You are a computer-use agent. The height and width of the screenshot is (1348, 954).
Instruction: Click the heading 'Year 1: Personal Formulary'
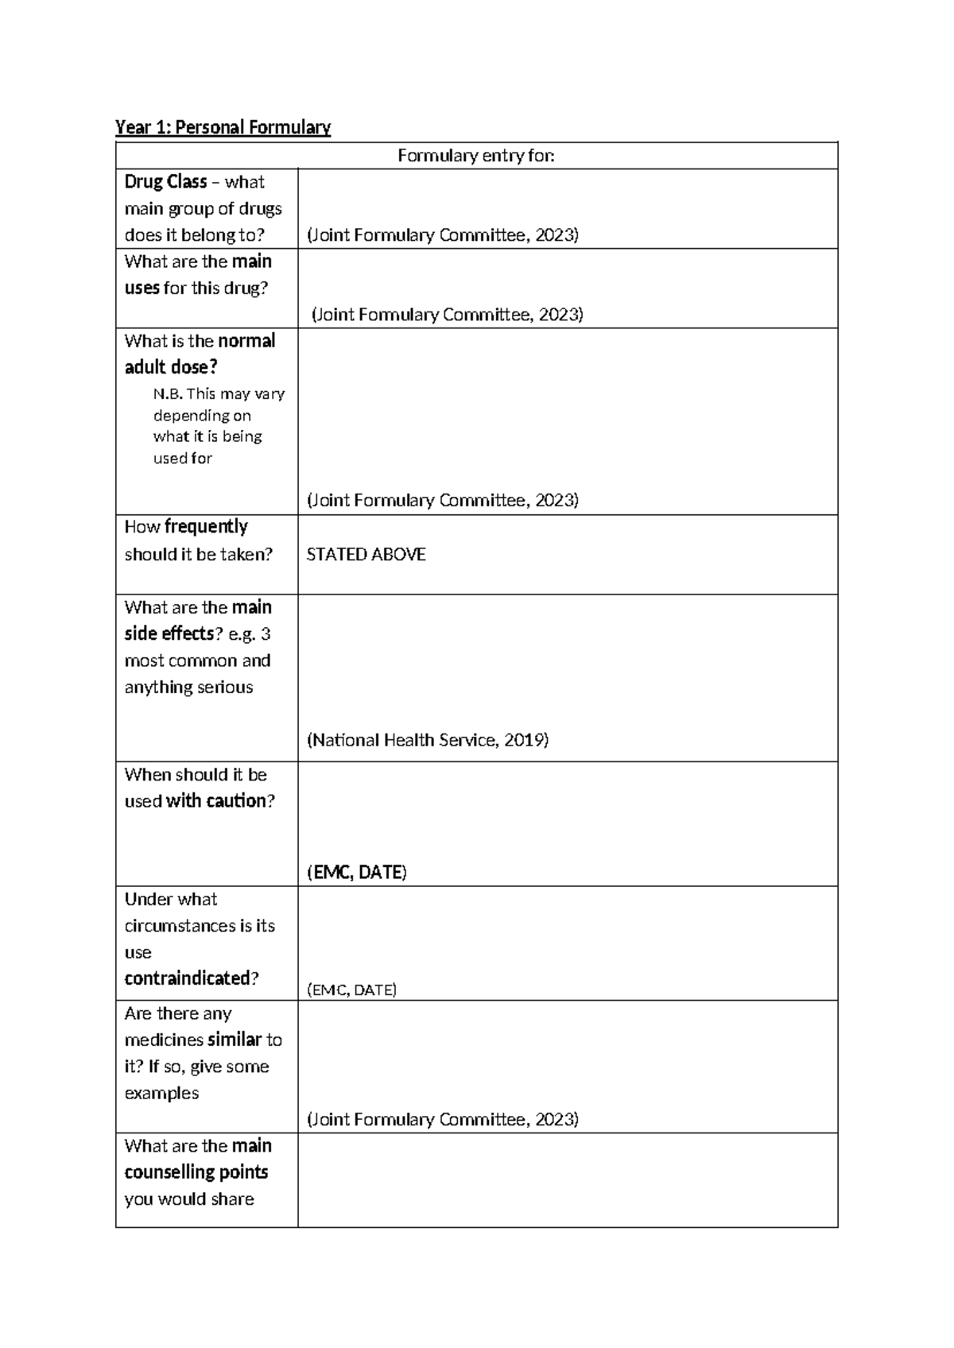pos(223,127)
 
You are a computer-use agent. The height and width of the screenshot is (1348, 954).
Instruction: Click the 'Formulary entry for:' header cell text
pos(475,156)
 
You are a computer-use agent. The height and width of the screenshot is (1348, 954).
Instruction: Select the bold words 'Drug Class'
pos(165,182)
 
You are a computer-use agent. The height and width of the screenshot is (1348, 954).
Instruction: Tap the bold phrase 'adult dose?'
pos(171,367)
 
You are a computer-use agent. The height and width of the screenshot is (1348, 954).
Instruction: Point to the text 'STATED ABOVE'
pos(366,555)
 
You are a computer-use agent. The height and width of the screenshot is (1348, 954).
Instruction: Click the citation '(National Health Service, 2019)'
pos(428,741)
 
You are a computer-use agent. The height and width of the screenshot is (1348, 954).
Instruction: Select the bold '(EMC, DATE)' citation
pos(356,873)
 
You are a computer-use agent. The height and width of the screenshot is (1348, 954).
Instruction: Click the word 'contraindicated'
pos(188,978)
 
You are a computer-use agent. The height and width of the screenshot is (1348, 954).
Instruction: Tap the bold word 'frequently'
pos(206,527)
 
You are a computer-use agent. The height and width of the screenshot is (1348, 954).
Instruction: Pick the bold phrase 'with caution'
pos(215,801)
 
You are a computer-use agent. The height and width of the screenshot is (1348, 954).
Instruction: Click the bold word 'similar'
pos(235,1040)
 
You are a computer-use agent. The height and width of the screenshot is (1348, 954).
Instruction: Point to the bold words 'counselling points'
pos(196,1172)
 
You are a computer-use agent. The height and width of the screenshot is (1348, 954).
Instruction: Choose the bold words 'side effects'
pos(169,634)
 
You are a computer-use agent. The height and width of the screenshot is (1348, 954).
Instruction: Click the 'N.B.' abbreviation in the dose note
pos(168,394)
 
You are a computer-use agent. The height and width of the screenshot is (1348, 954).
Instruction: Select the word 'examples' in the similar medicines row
pos(161,1093)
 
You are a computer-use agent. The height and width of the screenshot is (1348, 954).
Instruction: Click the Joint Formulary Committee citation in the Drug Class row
pos(442,235)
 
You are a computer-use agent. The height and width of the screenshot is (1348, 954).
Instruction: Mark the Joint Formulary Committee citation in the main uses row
pos(447,315)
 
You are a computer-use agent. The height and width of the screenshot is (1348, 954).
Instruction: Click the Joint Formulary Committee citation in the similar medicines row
pos(442,1120)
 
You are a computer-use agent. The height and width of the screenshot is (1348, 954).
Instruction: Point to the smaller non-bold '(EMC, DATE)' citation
pos(351,990)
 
